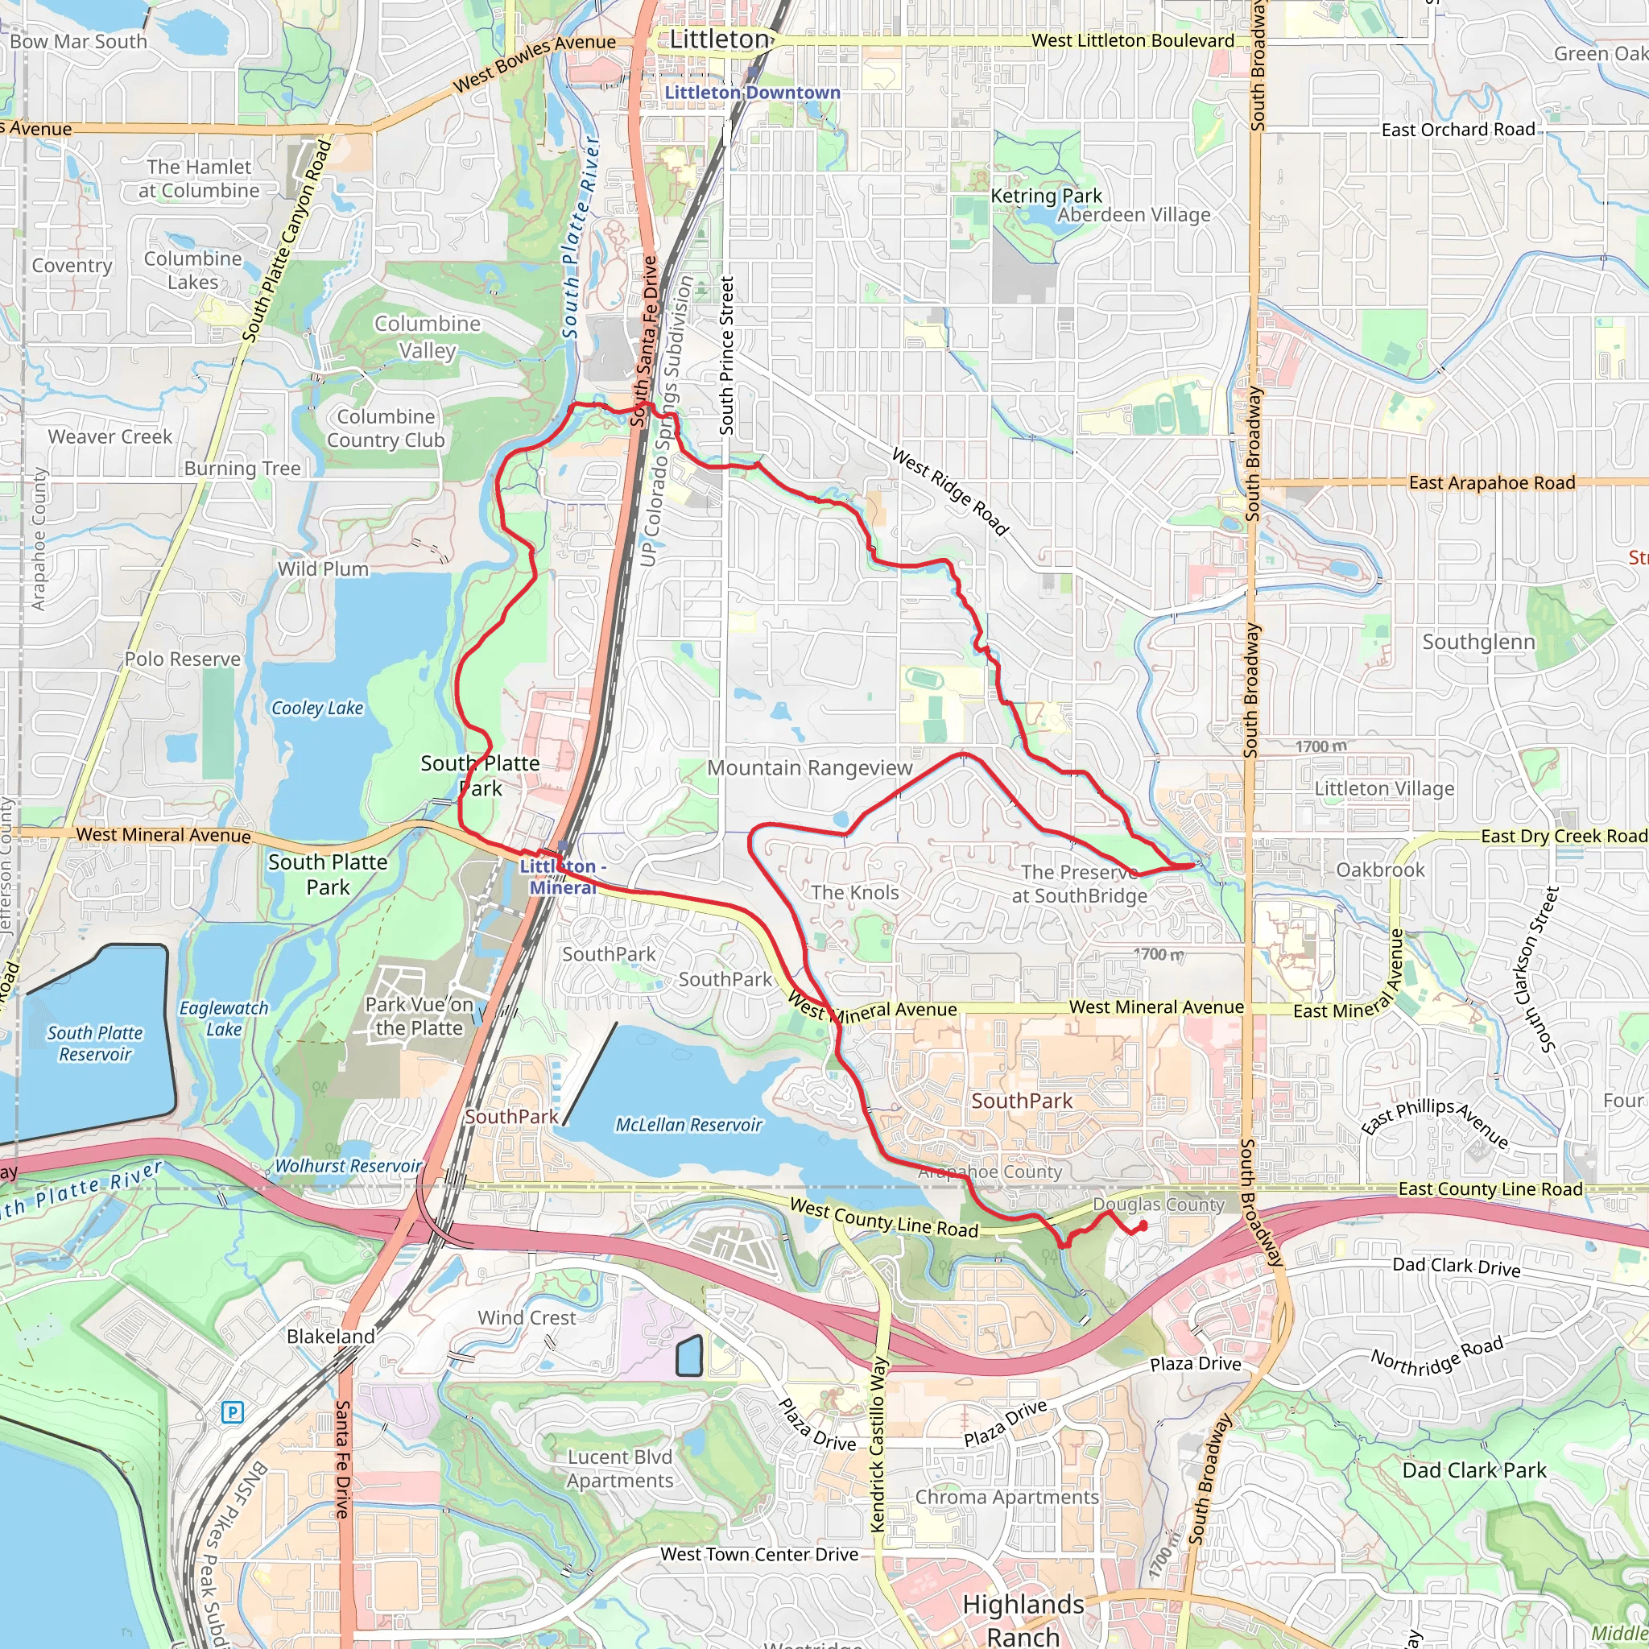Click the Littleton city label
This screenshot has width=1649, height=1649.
click(720, 39)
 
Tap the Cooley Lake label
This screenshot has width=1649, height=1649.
click(316, 708)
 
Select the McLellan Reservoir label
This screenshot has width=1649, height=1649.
click(688, 1125)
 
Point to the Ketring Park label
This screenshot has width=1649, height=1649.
click(1046, 196)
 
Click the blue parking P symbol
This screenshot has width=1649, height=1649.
click(232, 1411)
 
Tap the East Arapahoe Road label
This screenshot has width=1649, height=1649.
click(1491, 483)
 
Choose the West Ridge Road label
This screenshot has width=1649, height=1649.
click(950, 492)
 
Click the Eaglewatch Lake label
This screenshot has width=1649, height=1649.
click(224, 1019)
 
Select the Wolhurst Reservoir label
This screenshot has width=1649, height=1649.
click(348, 1166)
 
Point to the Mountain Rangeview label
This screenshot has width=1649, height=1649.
click(809, 768)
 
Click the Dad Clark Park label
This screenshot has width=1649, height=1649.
click(1474, 1469)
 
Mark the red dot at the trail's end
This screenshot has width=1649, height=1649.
click(1143, 1226)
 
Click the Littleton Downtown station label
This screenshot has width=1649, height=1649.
click(752, 92)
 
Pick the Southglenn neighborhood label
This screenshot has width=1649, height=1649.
click(1478, 642)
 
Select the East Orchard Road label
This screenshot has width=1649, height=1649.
click(1458, 130)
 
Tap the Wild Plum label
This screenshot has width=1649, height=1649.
click(323, 568)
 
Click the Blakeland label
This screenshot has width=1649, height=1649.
click(330, 1336)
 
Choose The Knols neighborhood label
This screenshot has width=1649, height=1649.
click(854, 893)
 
